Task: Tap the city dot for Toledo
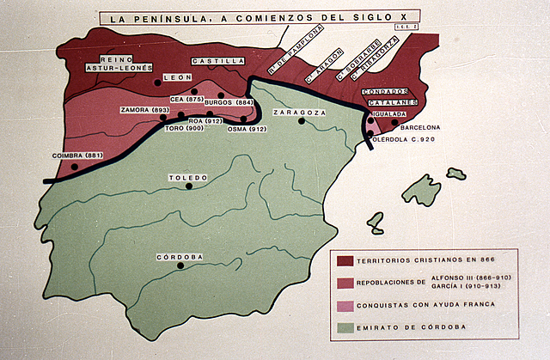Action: coord(190,186)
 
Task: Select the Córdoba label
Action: coord(180,257)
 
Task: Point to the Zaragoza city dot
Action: coord(302,121)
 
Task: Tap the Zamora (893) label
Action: coord(145,110)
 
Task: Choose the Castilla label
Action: coord(217,62)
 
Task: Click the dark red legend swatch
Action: coord(345,259)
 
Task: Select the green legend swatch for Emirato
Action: coord(345,327)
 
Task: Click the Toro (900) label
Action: coord(183,128)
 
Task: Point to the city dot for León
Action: coord(159,82)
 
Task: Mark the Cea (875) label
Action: coord(186,100)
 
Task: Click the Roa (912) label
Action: coord(215,121)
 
